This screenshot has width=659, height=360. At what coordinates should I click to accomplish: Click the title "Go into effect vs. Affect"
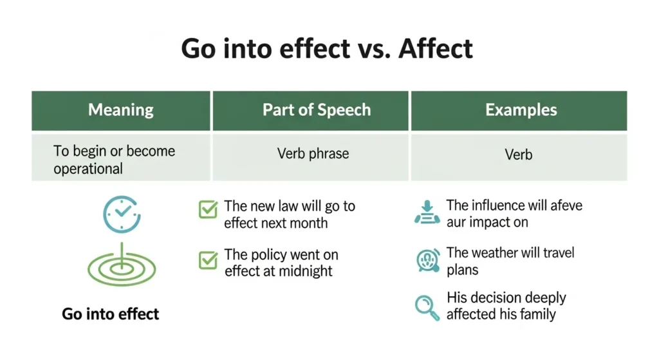327,49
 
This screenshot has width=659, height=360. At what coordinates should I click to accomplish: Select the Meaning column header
121,109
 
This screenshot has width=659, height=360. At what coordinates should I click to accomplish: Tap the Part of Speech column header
316,109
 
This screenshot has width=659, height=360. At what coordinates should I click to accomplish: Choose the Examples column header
521,109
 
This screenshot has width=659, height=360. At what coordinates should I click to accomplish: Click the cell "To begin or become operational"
114,160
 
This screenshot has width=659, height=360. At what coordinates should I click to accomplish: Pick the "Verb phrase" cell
313,154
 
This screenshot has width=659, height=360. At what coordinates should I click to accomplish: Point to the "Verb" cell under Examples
519,155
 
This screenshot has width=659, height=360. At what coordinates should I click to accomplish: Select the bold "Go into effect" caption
111,314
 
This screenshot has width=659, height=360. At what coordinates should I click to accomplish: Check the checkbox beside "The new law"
208,209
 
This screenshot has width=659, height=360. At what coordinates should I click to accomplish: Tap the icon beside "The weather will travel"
427,261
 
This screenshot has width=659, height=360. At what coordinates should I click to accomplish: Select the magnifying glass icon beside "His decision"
427,307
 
